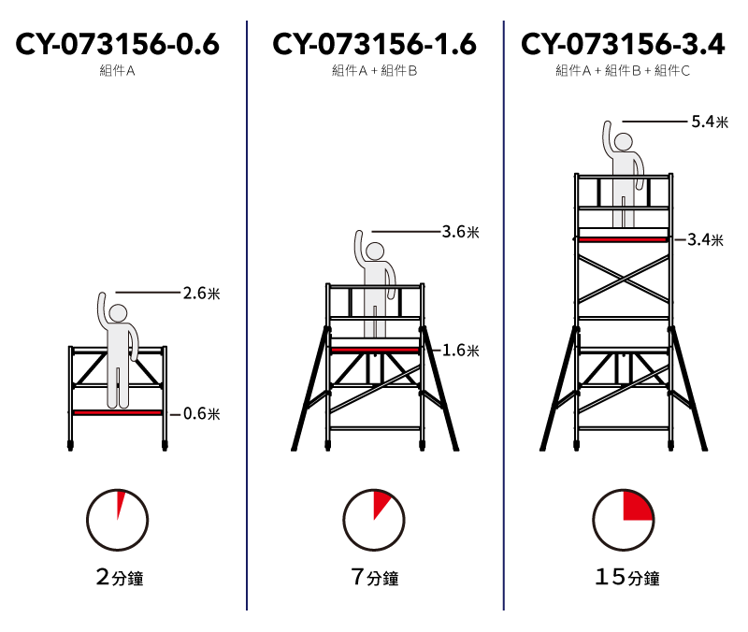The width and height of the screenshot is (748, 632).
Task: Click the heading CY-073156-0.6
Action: coord(118,44)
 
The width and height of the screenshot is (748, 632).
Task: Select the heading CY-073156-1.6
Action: coord(375,44)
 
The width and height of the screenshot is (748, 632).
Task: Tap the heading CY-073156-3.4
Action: coord(623,44)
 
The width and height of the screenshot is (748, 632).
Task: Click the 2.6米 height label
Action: coord(201,293)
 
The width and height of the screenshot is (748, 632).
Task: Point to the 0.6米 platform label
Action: coord(201,413)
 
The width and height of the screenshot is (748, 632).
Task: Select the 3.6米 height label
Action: coord(460,232)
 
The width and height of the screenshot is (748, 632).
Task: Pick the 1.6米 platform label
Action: coord(460,351)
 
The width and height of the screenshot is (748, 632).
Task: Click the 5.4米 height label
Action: coord(710,122)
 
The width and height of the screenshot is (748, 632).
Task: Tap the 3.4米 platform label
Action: coord(705,239)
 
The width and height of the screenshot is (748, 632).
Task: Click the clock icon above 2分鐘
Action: coord(118,520)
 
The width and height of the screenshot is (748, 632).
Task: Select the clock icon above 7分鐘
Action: coord(374,520)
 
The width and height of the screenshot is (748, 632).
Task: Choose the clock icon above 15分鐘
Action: coord(624,520)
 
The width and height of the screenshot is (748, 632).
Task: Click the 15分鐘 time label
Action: coord(627,577)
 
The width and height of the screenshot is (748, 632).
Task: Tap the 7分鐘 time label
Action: coord(375,577)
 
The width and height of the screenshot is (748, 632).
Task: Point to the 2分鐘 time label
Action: coord(120,577)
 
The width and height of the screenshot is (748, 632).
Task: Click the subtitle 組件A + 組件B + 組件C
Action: coord(623,71)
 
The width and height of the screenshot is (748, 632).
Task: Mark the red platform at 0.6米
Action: coord(118,412)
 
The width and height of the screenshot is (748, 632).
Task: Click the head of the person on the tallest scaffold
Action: coord(623,142)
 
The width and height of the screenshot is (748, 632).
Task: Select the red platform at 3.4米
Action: coord(623,239)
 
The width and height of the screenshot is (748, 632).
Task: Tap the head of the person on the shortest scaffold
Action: coord(118,313)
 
